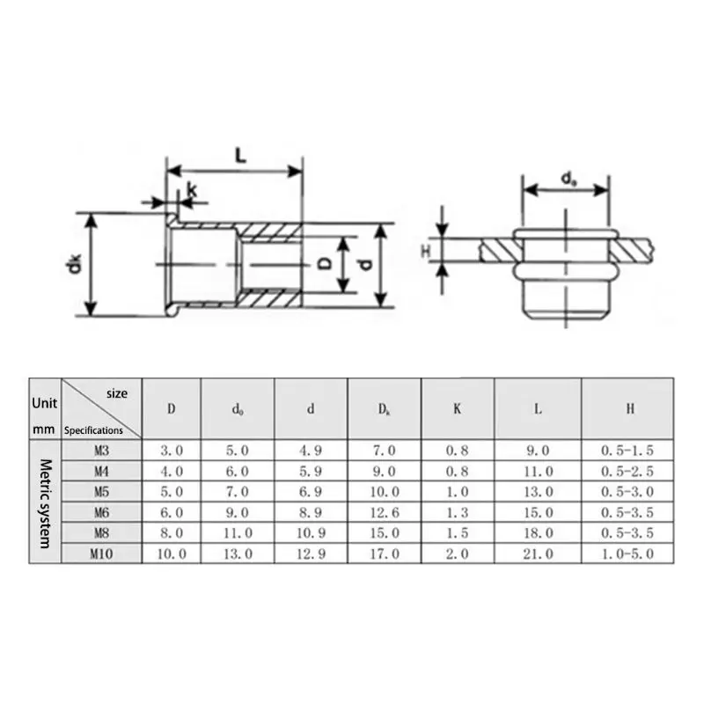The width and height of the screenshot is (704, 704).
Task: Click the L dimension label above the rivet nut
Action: pos(241,156)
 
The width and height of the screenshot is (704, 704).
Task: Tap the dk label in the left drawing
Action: pos(74,263)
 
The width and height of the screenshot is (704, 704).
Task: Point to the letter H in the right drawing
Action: pos(426,251)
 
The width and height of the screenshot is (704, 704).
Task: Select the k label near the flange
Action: pos(192,190)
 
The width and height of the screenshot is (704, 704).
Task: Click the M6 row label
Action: pos(101,512)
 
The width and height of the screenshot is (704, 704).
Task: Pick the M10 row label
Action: pos(101,554)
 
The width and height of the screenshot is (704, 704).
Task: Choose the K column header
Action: pos(457,408)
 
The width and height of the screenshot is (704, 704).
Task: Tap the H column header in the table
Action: pos(630,408)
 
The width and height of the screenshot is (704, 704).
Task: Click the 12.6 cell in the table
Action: pos(385,512)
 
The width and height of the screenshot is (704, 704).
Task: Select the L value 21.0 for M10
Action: pos(538,554)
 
